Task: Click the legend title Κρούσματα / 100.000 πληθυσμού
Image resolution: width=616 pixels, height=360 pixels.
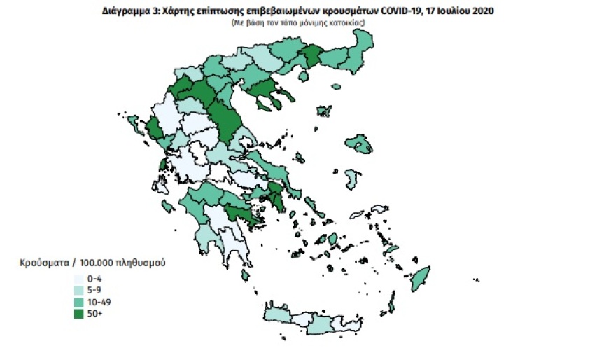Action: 92,263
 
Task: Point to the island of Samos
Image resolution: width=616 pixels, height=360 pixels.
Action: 378,208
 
